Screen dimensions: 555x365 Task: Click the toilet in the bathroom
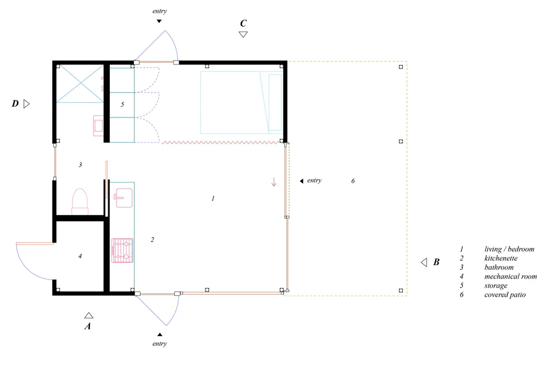coord(80,201)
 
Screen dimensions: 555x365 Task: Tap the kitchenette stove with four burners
coord(122,250)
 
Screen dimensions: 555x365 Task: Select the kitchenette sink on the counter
coord(123,197)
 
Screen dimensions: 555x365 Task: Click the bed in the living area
coord(241,102)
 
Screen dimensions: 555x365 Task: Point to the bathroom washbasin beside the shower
coord(98,125)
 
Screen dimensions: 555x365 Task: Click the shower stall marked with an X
coord(80,84)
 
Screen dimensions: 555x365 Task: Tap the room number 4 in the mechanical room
coord(80,256)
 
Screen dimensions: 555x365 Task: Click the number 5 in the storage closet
coord(123,104)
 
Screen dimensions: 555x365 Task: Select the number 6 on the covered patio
coord(353,181)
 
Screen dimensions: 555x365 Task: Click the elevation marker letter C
coord(243,23)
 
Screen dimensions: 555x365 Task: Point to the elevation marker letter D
coord(15,103)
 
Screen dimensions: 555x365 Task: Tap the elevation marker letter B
coord(436,262)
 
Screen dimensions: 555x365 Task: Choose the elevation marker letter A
coord(88,326)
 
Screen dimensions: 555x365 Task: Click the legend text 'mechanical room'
coord(511,276)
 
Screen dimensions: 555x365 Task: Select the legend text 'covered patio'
coord(504,295)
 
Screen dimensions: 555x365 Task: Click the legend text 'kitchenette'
coord(501,258)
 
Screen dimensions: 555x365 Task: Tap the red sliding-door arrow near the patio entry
coord(274,182)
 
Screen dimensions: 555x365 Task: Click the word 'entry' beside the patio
coord(314,180)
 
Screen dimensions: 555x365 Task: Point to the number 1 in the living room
coord(213,199)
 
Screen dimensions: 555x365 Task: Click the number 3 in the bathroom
coord(80,164)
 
